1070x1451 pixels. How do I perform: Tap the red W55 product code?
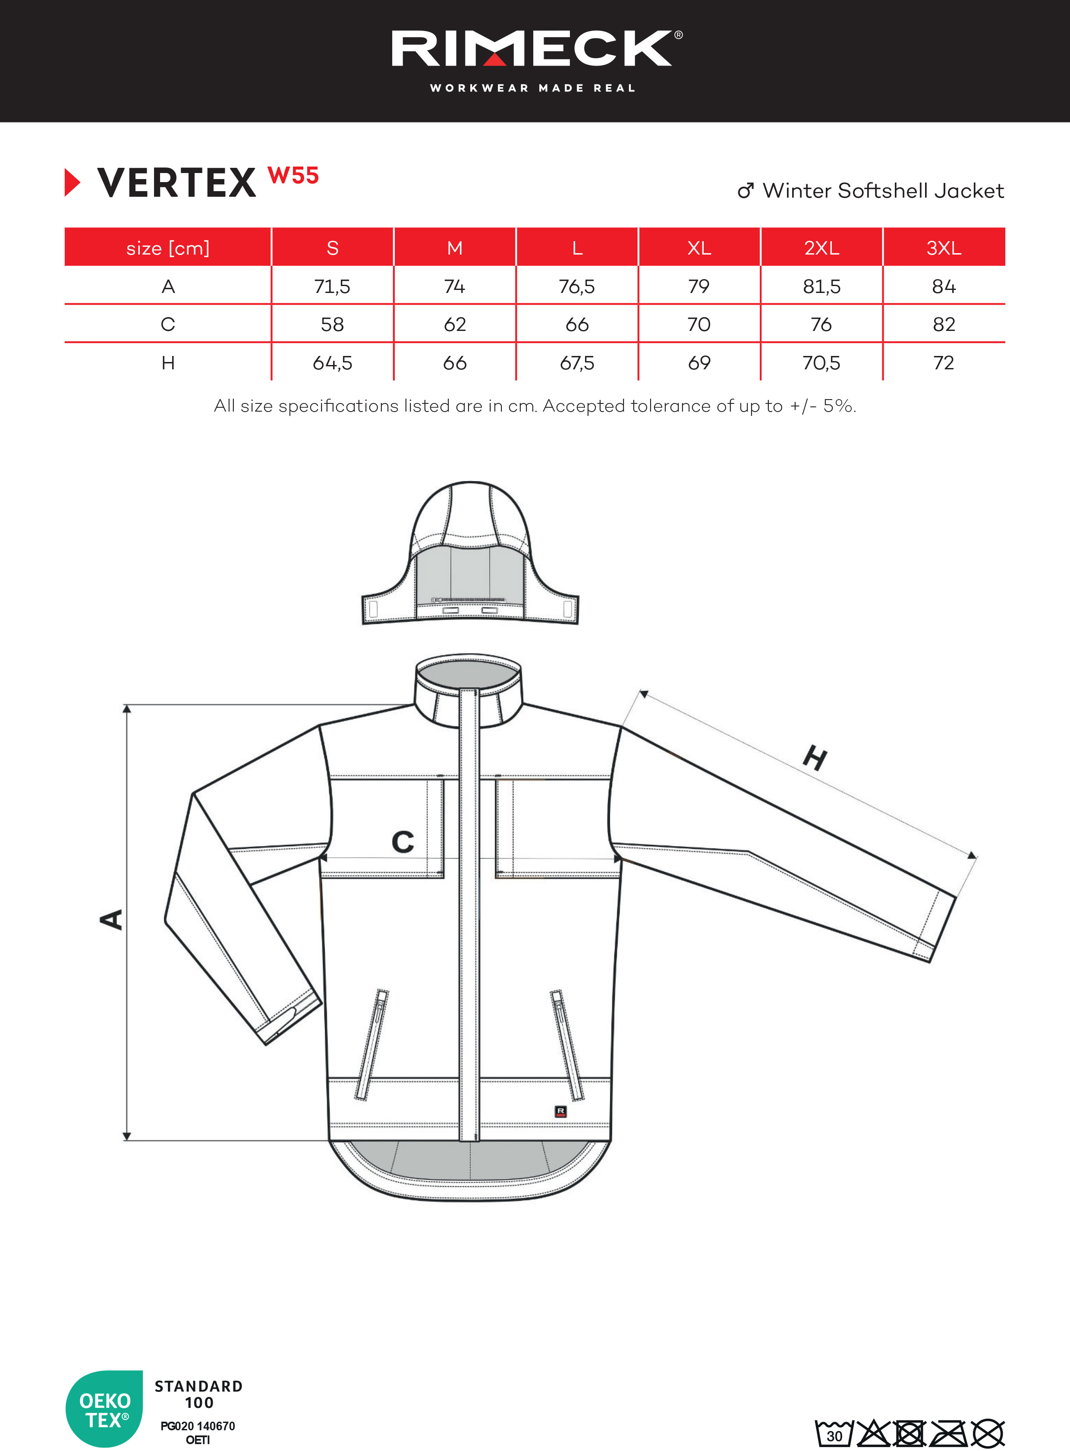(x=293, y=176)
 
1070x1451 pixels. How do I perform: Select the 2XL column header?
(x=821, y=248)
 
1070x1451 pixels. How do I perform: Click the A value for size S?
(x=332, y=286)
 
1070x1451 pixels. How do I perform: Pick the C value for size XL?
(x=699, y=324)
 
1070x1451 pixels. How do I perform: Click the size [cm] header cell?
(x=168, y=248)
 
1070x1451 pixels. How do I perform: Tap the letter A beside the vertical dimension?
(x=111, y=919)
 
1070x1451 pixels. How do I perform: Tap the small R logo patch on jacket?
(x=561, y=1111)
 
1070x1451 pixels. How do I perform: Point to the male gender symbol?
(x=746, y=190)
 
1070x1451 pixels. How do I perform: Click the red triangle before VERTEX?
(x=72, y=182)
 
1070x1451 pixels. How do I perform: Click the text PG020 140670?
(x=198, y=1426)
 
